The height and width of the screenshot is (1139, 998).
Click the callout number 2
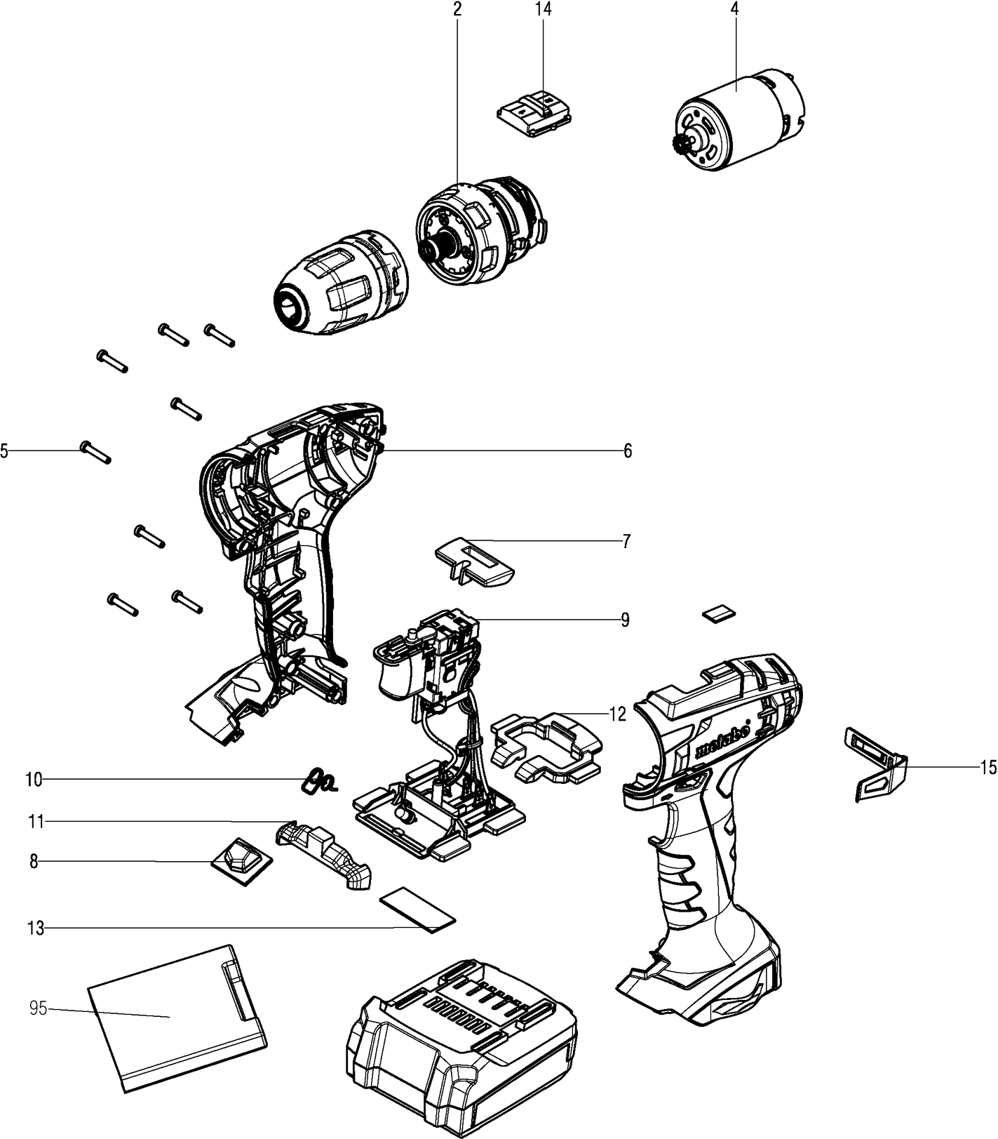click(457, 9)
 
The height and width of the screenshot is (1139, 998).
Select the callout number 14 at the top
click(544, 9)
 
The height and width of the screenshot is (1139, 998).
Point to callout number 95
click(38, 1008)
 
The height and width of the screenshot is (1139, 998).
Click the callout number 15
click(988, 768)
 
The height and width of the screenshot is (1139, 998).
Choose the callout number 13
click(35, 928)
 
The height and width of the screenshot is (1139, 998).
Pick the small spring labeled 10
click(319, 780)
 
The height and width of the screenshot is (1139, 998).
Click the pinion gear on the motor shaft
click(677, 146)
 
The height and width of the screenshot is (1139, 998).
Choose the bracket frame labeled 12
click(547, 747)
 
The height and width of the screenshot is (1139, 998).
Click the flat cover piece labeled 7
click(475, 561)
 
